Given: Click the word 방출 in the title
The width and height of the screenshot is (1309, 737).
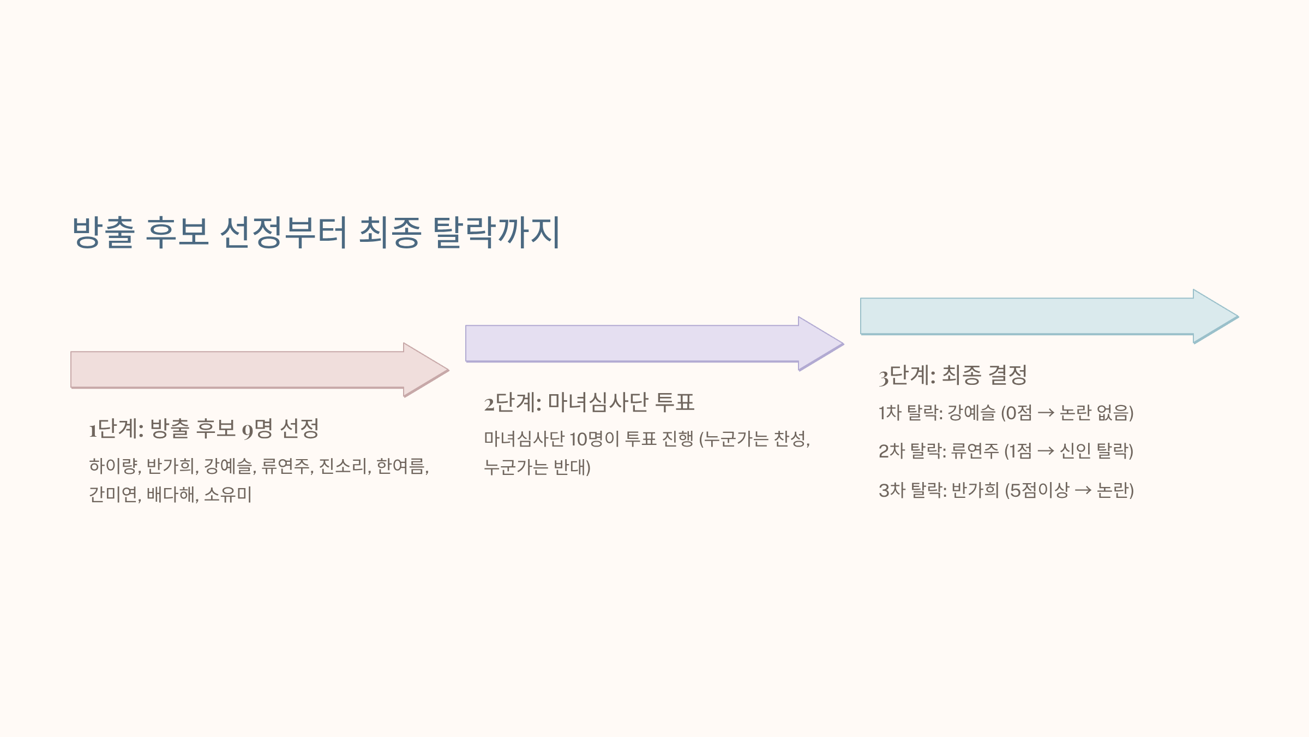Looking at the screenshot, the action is coord(103,233).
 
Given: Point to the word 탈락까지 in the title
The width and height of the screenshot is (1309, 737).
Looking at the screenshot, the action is coord(496,233).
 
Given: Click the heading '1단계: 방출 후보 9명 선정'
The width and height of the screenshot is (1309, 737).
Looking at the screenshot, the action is coord(204,429).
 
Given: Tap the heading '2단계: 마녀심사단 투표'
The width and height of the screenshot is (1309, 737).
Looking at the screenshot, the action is coord(589,403).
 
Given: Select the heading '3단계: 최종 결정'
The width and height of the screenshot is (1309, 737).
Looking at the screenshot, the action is coord(953,376).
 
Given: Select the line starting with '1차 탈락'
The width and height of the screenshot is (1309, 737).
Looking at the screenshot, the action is coord(1006,413).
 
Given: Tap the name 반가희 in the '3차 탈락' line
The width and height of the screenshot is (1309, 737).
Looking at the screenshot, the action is coord(975,490).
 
